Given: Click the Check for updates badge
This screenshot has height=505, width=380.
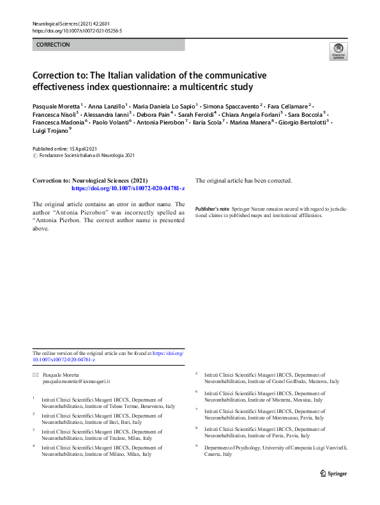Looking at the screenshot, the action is click(x=338, y=51).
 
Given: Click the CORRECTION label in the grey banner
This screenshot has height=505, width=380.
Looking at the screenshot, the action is click(x=53, y=45).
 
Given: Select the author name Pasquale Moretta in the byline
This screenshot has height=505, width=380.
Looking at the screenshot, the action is click(x=56, y=105).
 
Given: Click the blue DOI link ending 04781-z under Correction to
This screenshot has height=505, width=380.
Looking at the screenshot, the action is click(x=128, y=189).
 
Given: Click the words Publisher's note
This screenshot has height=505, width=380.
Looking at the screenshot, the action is click(x=212, y=209).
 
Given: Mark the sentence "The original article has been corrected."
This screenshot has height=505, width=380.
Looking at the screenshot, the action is click(x=243, y=180).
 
